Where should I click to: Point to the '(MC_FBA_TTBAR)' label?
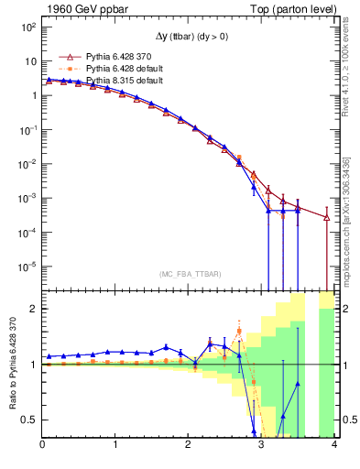189,275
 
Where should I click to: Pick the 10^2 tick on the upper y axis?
28,27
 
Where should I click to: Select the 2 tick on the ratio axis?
32,309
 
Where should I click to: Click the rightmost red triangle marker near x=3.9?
327,217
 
